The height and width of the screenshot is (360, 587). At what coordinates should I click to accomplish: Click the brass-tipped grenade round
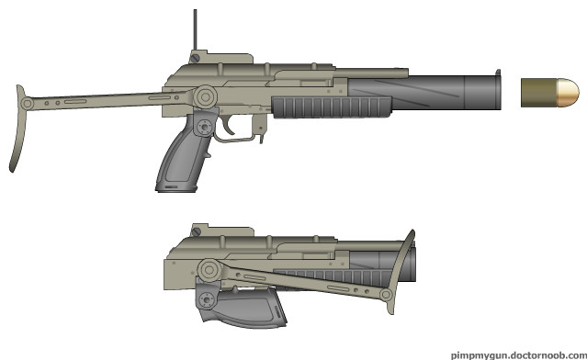[x=549, y=93]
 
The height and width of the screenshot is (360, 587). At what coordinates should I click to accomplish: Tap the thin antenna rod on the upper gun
[x=195, y=30]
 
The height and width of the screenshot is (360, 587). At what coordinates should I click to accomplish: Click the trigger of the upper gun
[x=227, y=126]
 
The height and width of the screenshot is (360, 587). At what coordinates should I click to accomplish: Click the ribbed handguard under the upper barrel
[x=332, y=107]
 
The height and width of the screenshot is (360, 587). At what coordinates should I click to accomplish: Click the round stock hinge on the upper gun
[x=205, y=97]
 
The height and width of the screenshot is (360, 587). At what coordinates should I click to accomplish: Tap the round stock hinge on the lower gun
[x=209, y=269]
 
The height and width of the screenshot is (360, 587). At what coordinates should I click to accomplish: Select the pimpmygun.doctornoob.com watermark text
[x=518, y=354]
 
